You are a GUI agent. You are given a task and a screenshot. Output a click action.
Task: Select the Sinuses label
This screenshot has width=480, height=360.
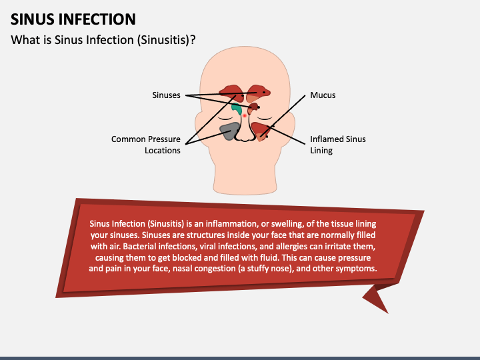click(x=166, y=95)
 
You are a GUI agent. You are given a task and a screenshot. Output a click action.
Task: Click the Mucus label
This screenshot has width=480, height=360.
click(x=323, y=95)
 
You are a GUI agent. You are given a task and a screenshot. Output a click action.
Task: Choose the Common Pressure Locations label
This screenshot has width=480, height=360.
click(x=146, y=145)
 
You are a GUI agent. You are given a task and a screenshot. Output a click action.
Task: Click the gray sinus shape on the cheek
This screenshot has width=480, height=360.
click(x=229, y=131)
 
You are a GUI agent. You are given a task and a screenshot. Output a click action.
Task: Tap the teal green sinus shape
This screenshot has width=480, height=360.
click(x=237, y=108)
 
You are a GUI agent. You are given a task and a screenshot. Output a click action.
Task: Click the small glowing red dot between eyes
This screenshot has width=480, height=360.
click(x=245, y=116)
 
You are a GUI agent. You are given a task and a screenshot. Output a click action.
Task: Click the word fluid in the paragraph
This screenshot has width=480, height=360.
click(x=301, y=257)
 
